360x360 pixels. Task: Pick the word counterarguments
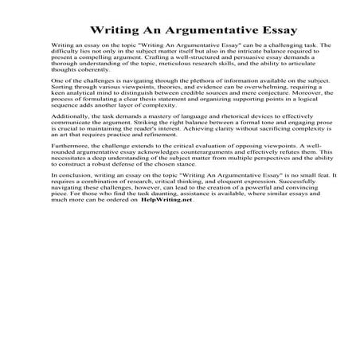(203, 202)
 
